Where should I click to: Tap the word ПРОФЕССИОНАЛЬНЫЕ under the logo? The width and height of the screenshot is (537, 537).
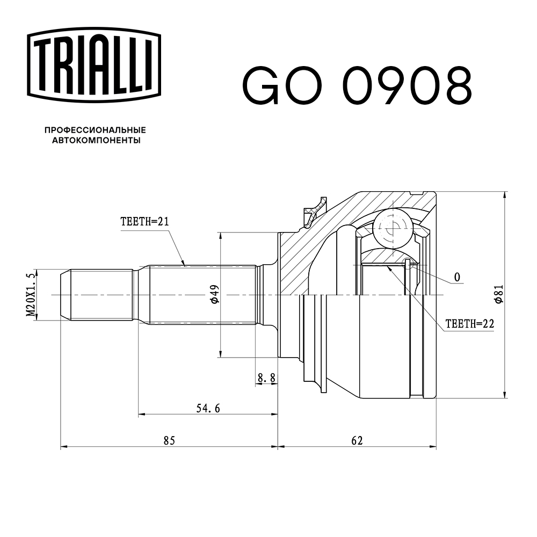coord(95,130)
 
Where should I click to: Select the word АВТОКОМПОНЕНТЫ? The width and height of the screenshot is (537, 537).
coord(96,140)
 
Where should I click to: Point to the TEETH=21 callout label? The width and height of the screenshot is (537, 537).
coord(144,222)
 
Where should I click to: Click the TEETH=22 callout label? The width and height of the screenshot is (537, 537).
coord(470,324)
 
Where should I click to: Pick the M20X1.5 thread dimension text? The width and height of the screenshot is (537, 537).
coord(31,295)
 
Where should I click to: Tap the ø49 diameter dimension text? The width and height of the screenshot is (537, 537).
coord(214,294)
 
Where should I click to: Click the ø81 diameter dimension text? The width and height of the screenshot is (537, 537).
coord(498,294)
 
